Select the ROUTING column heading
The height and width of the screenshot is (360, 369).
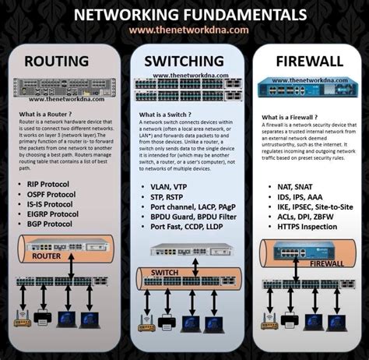[61, 62]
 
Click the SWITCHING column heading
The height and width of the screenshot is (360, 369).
[185, 62]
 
